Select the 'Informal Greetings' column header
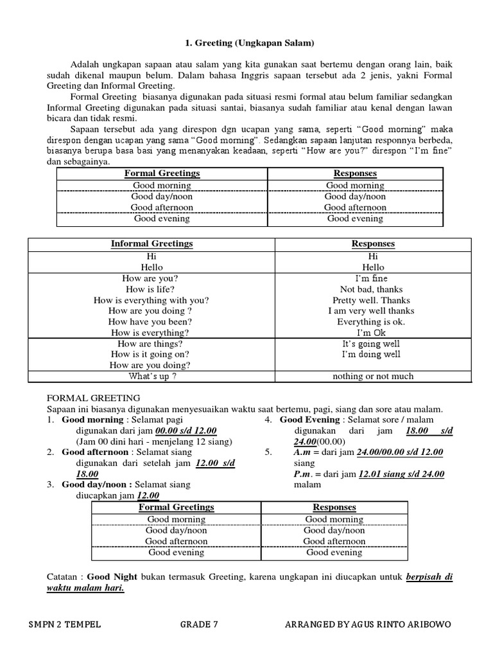(151, 244)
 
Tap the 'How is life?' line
(151, 289)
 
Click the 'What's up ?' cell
(152, 376)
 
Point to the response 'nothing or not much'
(372, 376)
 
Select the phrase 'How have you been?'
(150, 322)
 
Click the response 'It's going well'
(371, 344)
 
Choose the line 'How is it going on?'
(150, 355)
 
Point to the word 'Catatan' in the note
(64, 576)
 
